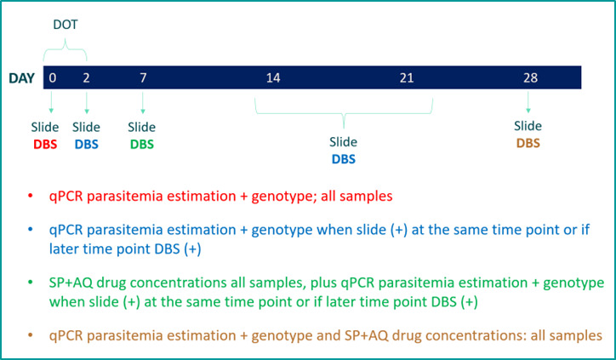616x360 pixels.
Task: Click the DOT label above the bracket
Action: [66, 25]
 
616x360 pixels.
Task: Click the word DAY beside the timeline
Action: [21, 78]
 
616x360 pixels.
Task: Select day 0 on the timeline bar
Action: [52, 77]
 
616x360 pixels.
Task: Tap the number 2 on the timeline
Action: [86, 77]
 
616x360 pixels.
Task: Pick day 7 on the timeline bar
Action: [143, 77]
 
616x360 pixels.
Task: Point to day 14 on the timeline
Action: [273, 77]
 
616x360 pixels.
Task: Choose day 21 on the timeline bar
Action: [407, 77]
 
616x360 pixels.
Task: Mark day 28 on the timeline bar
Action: [530, 77]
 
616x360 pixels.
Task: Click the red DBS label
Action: [45, 145]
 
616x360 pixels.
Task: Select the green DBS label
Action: [142, 145]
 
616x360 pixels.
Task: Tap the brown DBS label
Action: [528, 143]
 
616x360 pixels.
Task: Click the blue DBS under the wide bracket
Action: [344, 159]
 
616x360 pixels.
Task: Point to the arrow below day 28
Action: [528, 102]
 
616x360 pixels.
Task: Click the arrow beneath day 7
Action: [143, 103]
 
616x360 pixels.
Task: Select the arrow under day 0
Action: [51, 102]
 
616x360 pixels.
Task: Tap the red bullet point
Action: [31, 196]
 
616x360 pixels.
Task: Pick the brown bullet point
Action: [31, 335]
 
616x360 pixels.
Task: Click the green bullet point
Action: [31, 283]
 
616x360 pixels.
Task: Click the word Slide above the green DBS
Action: [141, 127]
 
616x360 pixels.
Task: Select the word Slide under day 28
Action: [528, 126]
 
